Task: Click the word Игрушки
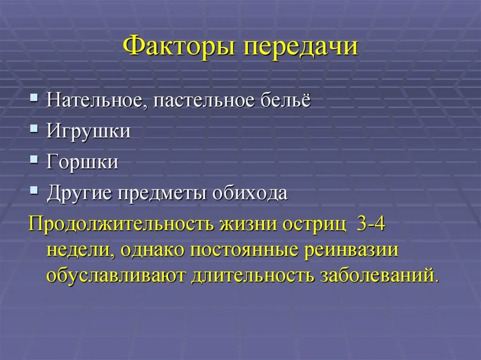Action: (x=88, y=131)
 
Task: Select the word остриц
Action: (x=314, y=224)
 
